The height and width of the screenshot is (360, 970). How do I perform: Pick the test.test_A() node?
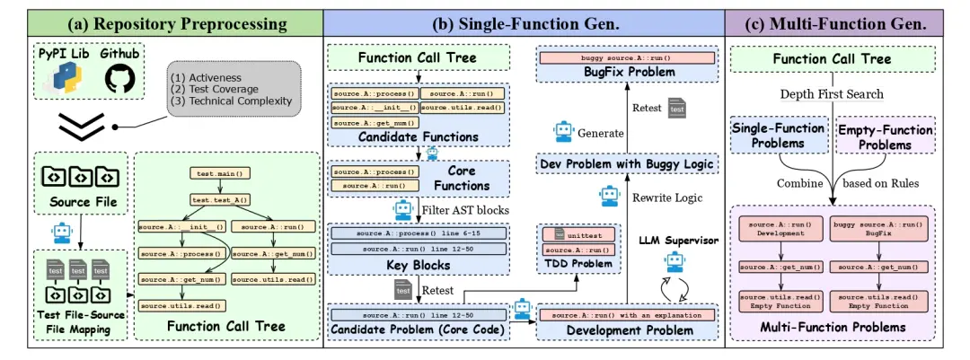219,199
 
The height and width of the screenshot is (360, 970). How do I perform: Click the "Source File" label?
83,203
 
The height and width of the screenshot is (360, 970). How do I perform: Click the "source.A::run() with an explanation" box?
626,315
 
